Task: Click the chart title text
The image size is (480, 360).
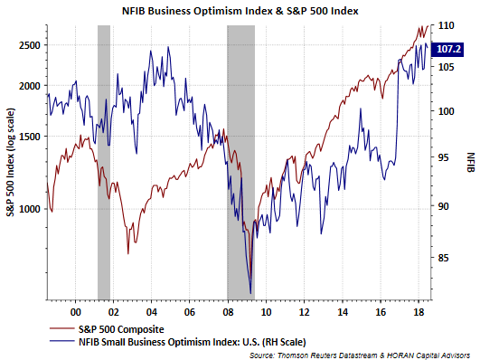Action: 240,11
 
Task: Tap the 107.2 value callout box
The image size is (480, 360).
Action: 447,50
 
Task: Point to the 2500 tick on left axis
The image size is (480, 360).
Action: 30,45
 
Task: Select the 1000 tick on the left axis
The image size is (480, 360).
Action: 30,209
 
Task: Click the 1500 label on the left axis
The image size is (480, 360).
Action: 30,137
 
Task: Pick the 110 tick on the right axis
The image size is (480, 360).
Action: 446,25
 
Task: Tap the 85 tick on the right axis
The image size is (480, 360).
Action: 444,258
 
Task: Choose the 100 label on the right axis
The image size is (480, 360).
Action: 446,111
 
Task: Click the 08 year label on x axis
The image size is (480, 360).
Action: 228,312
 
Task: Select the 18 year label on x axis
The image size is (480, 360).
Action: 419,312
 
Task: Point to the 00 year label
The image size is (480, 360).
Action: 76,312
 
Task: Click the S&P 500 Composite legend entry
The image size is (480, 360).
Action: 108,329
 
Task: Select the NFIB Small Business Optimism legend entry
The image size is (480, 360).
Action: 178,342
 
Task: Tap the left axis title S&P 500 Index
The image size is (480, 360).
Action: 11,163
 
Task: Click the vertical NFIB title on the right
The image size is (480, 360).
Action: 471,163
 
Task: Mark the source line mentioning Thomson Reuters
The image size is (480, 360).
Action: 360,355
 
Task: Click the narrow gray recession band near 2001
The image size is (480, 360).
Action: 104,163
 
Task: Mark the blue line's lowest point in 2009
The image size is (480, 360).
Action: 250,293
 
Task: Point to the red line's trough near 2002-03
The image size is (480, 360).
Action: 128,253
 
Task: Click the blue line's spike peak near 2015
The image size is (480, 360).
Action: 361,109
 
